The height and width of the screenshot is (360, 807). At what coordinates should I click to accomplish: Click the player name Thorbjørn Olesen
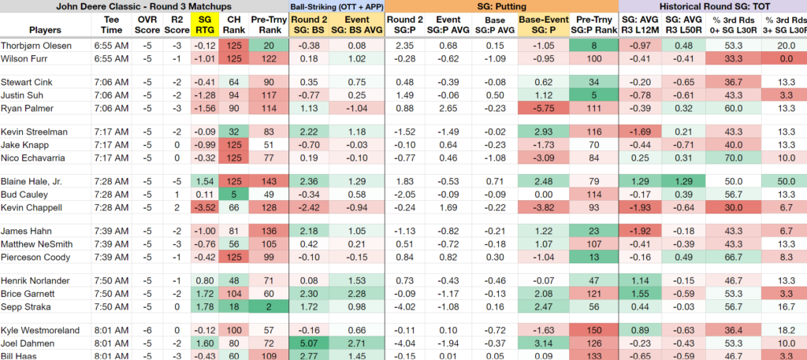(x=36, y=46)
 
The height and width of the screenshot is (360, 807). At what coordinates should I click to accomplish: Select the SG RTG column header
(x=204, y=24)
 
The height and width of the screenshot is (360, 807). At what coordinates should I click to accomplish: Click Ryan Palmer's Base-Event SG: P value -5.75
(x=544, y=109)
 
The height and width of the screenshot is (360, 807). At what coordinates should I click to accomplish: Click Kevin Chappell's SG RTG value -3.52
(x=204, y=208)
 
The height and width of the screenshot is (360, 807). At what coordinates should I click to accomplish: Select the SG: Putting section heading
(x=502, y=6)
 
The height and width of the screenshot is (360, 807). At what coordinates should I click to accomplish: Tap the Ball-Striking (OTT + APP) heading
(x=337, y=6)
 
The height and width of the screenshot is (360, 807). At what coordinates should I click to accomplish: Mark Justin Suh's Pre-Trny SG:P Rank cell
(x=594, y=95)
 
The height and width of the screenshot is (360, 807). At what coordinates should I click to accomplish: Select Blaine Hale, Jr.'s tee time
(x=111, y=182)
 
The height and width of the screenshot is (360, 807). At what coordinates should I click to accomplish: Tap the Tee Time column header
(x=111, y=24)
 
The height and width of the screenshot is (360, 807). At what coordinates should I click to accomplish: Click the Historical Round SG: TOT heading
(x=712, y=6)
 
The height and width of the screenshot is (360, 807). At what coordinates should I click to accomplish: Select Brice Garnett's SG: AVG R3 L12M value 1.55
(x=639, y=294)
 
